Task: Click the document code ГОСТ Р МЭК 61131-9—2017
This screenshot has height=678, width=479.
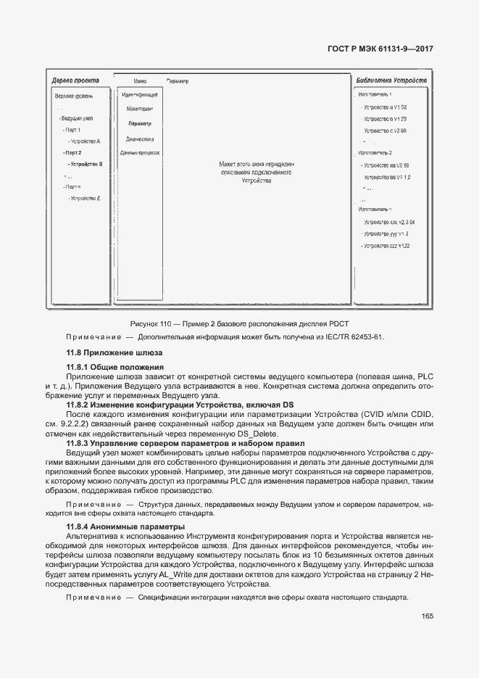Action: [380, 50]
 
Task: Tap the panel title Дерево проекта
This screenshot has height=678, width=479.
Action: [75, 80]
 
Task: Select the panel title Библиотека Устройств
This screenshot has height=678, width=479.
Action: [391, 80]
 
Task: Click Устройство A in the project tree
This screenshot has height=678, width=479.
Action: [86, 141]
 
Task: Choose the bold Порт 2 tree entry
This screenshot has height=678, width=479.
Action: [72, 153]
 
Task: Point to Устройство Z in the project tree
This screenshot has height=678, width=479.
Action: [86, 198]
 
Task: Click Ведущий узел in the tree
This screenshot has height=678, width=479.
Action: [76, 118]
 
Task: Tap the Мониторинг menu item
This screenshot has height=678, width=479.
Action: [139, 109]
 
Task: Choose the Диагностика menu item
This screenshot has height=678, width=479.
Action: [139, 139]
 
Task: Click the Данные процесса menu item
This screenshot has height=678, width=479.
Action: [139, 153]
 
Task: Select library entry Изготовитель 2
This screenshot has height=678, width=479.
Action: [375, 153]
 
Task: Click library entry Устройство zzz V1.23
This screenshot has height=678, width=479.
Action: [388, 247]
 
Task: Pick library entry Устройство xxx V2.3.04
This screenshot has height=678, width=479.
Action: [389, 222]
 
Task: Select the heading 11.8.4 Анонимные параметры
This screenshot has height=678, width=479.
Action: [125, 526]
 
